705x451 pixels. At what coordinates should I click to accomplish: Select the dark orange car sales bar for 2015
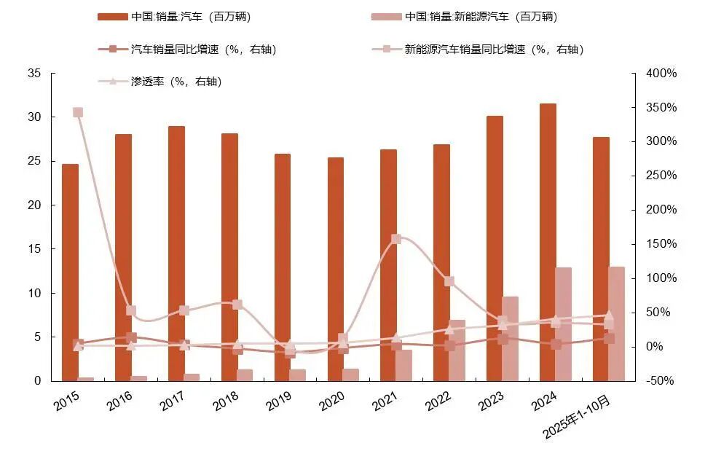click(70, 270)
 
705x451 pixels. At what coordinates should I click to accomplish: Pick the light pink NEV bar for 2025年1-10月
click(617, 324)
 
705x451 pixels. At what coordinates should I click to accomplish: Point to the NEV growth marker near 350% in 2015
click(78, 112)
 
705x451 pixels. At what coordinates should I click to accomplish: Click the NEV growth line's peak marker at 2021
click(396, 239)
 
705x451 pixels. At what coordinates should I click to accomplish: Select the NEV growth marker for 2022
click(449, 281)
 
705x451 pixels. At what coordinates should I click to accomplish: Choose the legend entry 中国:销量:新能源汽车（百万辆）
click(481, 16)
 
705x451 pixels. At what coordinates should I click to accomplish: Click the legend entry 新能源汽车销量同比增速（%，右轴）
click(493, 50)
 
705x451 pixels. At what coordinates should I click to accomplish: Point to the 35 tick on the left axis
click(34, 74)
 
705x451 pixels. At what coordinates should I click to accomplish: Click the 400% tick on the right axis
click(661, 74)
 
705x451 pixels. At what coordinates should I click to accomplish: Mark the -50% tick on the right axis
click(661, 381)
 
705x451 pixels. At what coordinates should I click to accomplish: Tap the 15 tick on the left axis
click(34, 249)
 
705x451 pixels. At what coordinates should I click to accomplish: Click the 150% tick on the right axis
click(661, 244)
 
